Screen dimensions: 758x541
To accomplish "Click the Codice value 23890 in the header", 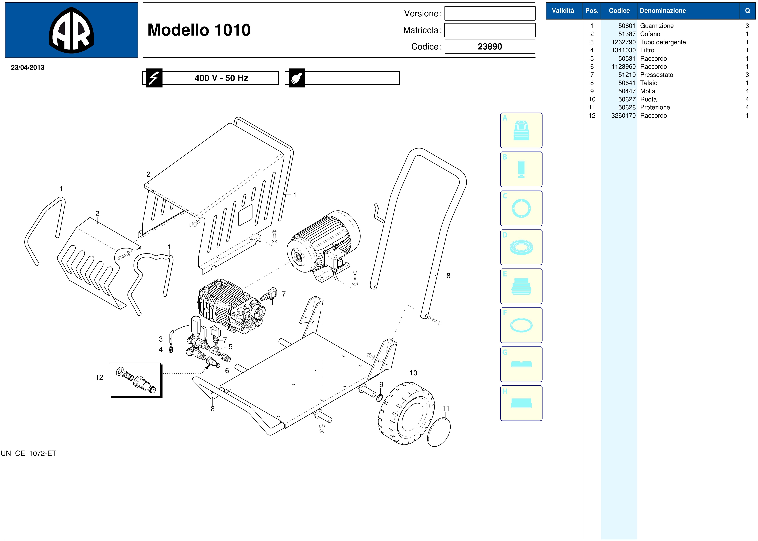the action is tap(490, 47).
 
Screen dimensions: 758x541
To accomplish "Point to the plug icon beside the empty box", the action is tap(296, 78).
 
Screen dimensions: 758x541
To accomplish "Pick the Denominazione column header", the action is tap(663, 11).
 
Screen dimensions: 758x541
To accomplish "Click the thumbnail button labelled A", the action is tap(521, 130).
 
